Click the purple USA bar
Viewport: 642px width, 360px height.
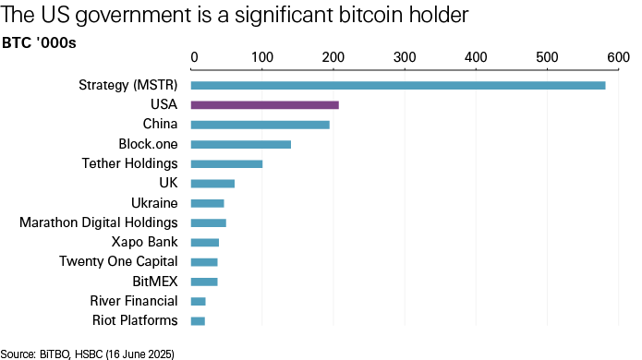click(x=264, y=105)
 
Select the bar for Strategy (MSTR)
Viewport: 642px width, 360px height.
click(x=397, y=86)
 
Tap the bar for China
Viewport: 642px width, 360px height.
click(x=260, y=125)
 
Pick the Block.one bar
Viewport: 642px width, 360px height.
click(x=240, y=144)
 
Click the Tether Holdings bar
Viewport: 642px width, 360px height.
click(x=226, y=164)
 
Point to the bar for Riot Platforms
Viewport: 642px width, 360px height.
click(x=198, y=321)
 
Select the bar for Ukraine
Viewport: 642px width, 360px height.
click(x=207, y=203)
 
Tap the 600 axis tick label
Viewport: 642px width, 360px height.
click(x=616, y=58)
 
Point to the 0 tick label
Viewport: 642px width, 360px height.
click(x=194, y=58)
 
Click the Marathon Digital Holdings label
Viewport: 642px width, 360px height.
click(x=99, y=222)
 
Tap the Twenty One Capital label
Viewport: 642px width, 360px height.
click(x=117, y=262)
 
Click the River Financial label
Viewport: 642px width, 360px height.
click(x=134, y=301)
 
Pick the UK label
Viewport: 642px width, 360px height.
click(x=168, y=184)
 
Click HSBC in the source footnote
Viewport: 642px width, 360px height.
click(x=84, y=354)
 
